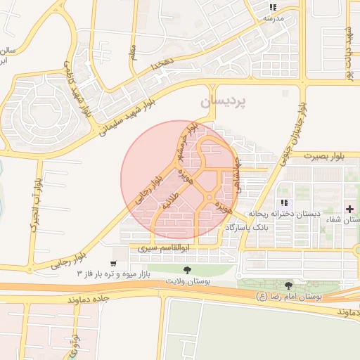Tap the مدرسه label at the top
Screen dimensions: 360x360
coord(273,18)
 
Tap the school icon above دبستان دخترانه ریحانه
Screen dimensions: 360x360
coord(284,202)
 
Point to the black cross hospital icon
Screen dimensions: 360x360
coord(350,209)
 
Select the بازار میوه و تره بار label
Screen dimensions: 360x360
coord(123,272)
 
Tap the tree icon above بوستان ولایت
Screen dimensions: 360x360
coord(186,270)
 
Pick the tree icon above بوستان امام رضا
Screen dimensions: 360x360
coord(288,285)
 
